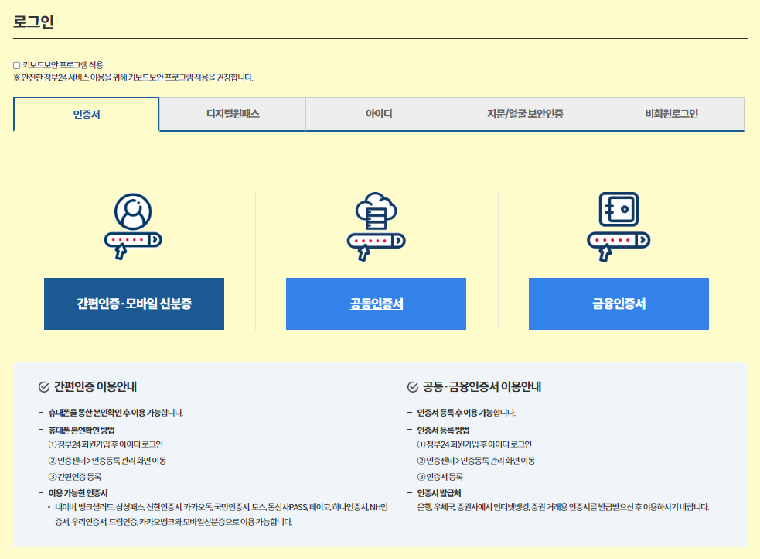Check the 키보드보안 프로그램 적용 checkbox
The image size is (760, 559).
click(x=17, y=65)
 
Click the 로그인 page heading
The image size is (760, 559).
click(x=33, y=22)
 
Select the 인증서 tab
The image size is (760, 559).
click(x=87, y=115)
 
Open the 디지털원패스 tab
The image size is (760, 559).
click(x=233, y=115)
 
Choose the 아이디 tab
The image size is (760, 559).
click(x=379, y=115)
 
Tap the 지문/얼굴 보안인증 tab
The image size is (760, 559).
click(x=525, y=115)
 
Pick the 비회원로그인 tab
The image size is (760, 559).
click(x=671, y=115)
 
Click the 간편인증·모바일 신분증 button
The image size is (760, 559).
click(x=134, y=304)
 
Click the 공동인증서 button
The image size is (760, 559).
click(x=376, y=304)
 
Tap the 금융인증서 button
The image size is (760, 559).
click(x=619, y=304)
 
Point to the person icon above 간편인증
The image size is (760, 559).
click(x=133, y=211)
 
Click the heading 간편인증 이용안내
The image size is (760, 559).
click(x=96, y=386)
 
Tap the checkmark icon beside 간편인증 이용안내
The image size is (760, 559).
click(x=44, y=387)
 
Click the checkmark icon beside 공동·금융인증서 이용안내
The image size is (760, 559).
click(x=412, y=387)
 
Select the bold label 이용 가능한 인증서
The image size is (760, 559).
click(x=78, y=492)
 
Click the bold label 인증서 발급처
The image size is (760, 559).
click(x=439, y=492)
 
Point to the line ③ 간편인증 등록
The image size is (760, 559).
click(x=75, y=477)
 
